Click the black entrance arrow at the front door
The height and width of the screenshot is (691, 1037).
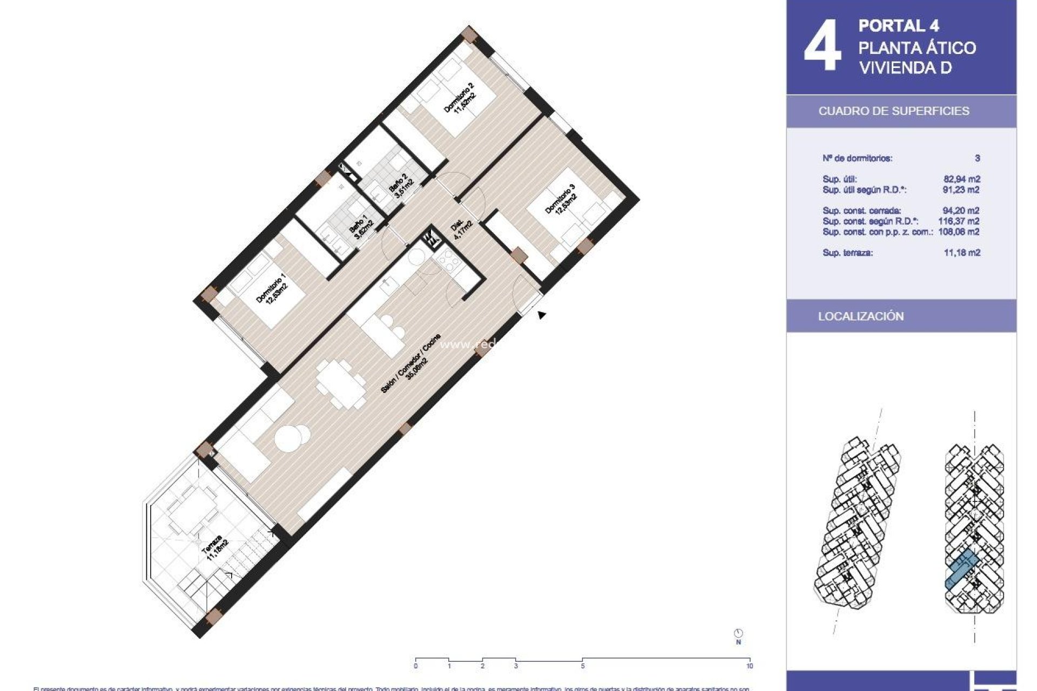tap(541, 315)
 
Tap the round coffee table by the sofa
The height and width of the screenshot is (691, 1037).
tap(292, 437)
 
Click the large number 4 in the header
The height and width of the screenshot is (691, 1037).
tap(823, 46)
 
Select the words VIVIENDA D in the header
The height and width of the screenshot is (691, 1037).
tap(905, 68)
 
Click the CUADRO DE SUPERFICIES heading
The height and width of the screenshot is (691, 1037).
tap(893, 111)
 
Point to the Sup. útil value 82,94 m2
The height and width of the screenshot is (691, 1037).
tap(961, 179)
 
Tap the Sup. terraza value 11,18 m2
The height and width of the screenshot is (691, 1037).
tap(961, 253)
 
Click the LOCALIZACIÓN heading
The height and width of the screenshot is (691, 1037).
tap(860, 316)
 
